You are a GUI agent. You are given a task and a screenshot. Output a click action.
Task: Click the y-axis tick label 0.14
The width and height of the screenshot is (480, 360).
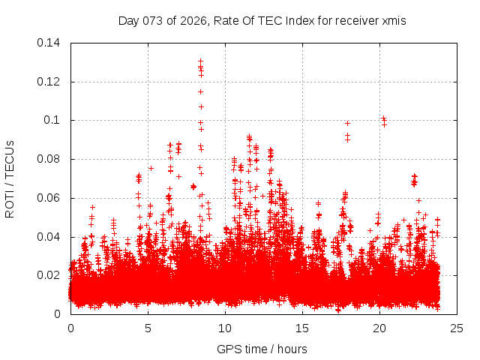point(49,42)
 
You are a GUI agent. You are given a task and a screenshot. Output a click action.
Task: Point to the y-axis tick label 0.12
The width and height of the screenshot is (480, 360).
point(49,81)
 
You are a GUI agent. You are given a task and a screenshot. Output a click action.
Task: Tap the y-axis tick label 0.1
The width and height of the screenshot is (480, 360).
point(53,120)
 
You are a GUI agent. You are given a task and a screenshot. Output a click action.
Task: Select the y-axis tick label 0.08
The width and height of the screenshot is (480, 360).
point(49,159)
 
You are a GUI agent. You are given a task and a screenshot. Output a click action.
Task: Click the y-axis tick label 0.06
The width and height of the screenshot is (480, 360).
point(49,198)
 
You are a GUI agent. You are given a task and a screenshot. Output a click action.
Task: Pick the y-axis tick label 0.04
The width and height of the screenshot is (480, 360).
point(49,237)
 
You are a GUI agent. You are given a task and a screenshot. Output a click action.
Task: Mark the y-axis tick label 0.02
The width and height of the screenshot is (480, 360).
point(49,275)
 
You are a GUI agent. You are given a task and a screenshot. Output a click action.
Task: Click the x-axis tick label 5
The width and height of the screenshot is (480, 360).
point(148,328)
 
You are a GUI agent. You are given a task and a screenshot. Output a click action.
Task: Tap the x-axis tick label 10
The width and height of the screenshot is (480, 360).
point(225,328)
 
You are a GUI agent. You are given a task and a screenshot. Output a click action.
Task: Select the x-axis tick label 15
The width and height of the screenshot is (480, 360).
point(302,328)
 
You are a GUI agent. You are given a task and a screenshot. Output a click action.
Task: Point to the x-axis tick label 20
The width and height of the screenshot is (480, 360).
point(379,328)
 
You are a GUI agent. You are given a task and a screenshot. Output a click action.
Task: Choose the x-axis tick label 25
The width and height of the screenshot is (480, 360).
point(457,328)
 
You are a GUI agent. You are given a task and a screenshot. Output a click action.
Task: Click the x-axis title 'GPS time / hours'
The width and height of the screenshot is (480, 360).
point(262,349)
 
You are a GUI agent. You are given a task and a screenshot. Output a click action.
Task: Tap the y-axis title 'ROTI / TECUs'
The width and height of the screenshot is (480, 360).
point(10,178)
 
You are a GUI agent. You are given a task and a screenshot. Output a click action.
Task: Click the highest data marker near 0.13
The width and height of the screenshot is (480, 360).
point(200,61)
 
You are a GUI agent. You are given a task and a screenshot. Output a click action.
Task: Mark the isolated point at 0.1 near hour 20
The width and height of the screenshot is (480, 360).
point(383,118)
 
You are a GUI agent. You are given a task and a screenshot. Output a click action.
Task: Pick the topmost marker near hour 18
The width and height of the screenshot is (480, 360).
point(347,123)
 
